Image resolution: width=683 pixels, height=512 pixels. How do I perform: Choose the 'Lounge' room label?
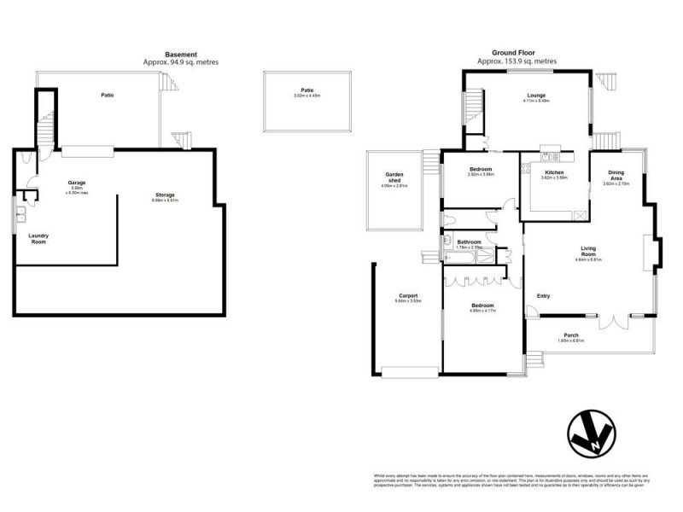536,95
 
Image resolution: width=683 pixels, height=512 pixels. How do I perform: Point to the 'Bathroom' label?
470,242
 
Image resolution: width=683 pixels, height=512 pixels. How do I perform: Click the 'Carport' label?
406,296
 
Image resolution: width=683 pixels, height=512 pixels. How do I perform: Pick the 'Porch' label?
570,335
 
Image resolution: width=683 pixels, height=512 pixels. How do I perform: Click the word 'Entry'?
543,296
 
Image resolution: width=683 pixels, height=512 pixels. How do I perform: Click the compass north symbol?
590,435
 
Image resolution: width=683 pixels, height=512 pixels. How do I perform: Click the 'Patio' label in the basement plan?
108,95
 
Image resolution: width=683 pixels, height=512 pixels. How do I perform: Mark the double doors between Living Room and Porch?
612,322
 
